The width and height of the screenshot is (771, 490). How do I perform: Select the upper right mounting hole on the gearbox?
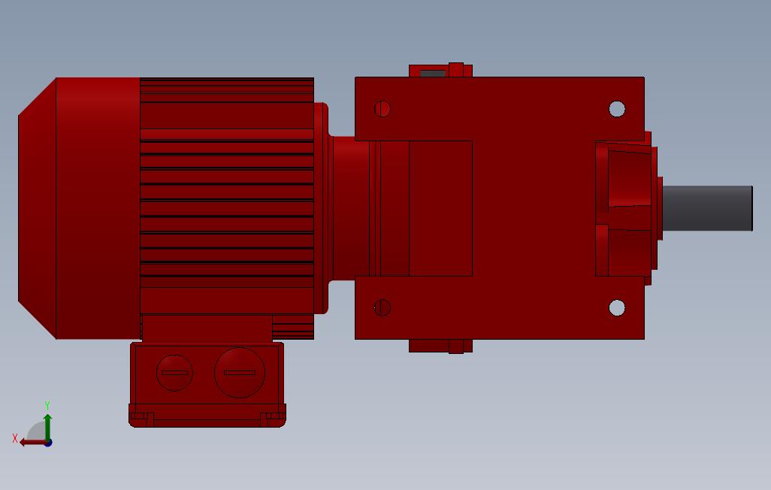coord(617,110)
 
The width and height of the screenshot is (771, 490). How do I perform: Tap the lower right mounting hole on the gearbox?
coord(617,308)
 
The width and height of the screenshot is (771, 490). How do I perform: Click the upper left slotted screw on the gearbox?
coord(382,109)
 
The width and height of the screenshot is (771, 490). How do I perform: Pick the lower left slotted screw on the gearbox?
coord(382,307)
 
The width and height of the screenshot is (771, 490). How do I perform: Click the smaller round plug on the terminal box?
coord(174,373)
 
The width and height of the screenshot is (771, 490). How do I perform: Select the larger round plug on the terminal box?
coord(240,372)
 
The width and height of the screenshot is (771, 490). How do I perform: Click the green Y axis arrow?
coord(47,425)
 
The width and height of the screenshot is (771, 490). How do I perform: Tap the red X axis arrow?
coord(32,442)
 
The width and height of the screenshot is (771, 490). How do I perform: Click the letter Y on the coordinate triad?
coord(47,406)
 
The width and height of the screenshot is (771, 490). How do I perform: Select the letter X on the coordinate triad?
coord(15,438)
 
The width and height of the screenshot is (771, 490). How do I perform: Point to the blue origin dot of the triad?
coord(48,443)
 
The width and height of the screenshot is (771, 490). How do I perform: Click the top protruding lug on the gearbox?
coord(440,71)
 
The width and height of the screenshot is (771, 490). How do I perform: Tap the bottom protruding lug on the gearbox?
coord(440,346)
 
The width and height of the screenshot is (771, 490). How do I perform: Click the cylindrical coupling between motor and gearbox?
coord(349,207)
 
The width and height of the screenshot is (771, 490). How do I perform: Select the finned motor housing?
coord(226,195)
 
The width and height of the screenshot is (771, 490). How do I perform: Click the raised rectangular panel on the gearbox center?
coord(440,208)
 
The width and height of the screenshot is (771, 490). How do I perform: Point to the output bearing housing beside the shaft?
coord(625,208)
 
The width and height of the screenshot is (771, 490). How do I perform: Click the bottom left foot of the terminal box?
coord(141,417)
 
